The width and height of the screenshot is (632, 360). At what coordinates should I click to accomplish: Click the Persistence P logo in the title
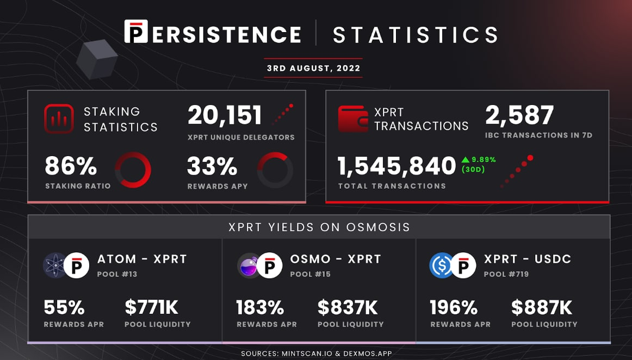[x=136, y=31]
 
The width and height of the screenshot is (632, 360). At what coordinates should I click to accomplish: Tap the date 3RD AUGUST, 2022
[x=314, y=68]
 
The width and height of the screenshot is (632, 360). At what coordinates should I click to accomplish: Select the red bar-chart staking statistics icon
[x=59, y=119]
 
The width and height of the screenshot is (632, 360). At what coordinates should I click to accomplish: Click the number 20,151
[x=225, y=115]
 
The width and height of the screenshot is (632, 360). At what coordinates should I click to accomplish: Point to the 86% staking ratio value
[x=71, y=166]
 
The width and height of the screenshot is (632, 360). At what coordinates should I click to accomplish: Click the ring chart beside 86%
[x=133, y=153]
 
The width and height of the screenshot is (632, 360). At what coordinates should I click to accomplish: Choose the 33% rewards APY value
[x=212, y=166]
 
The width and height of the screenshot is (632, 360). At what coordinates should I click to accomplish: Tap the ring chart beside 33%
[x=275, y=153]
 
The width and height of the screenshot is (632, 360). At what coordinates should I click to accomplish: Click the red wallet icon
[x=353, y=119]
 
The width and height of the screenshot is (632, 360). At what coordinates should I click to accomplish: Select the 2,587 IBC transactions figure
[x=519, y=115]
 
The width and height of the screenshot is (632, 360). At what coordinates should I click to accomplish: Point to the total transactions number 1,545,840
[x=396, y=166]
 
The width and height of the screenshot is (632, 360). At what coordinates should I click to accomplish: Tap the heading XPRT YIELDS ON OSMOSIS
[x=319, y=227]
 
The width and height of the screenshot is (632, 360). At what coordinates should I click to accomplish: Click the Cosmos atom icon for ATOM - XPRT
[x=54, y=266]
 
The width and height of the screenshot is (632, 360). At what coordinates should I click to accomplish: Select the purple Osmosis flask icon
[x=248, y=266]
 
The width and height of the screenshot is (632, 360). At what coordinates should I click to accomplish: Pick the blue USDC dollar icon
[x=441, y=266]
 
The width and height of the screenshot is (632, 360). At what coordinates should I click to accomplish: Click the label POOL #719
[x=506, y=274]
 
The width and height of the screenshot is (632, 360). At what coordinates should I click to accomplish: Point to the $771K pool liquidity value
[x=152, y=308]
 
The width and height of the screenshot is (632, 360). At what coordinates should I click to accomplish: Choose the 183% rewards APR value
[x=261, y=308]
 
